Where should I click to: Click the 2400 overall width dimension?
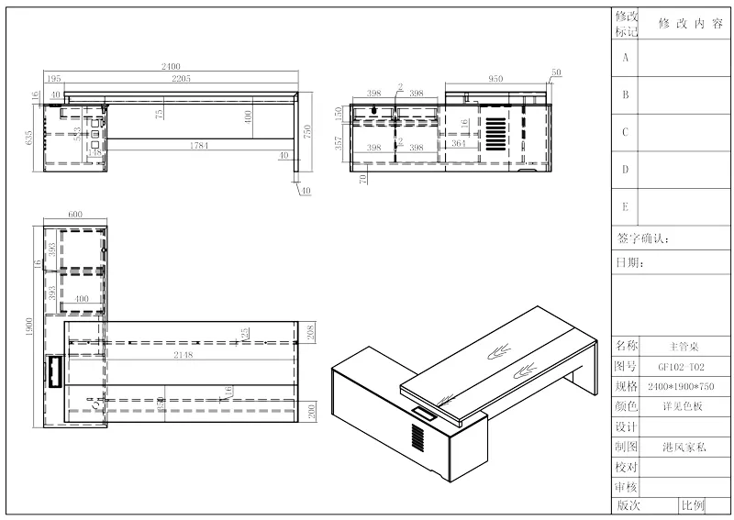pos(171,67)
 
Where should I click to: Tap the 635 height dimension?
pos(29,138)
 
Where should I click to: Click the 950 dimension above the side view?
pos(495,79)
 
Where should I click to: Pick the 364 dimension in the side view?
pos(459,145)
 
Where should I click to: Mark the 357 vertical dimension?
pos(339,143)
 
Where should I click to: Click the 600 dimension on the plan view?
pos(75,215)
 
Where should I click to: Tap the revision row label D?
pos(625,170)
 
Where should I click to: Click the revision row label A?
pos(625,57)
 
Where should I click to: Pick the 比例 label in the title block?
pos(693,505)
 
